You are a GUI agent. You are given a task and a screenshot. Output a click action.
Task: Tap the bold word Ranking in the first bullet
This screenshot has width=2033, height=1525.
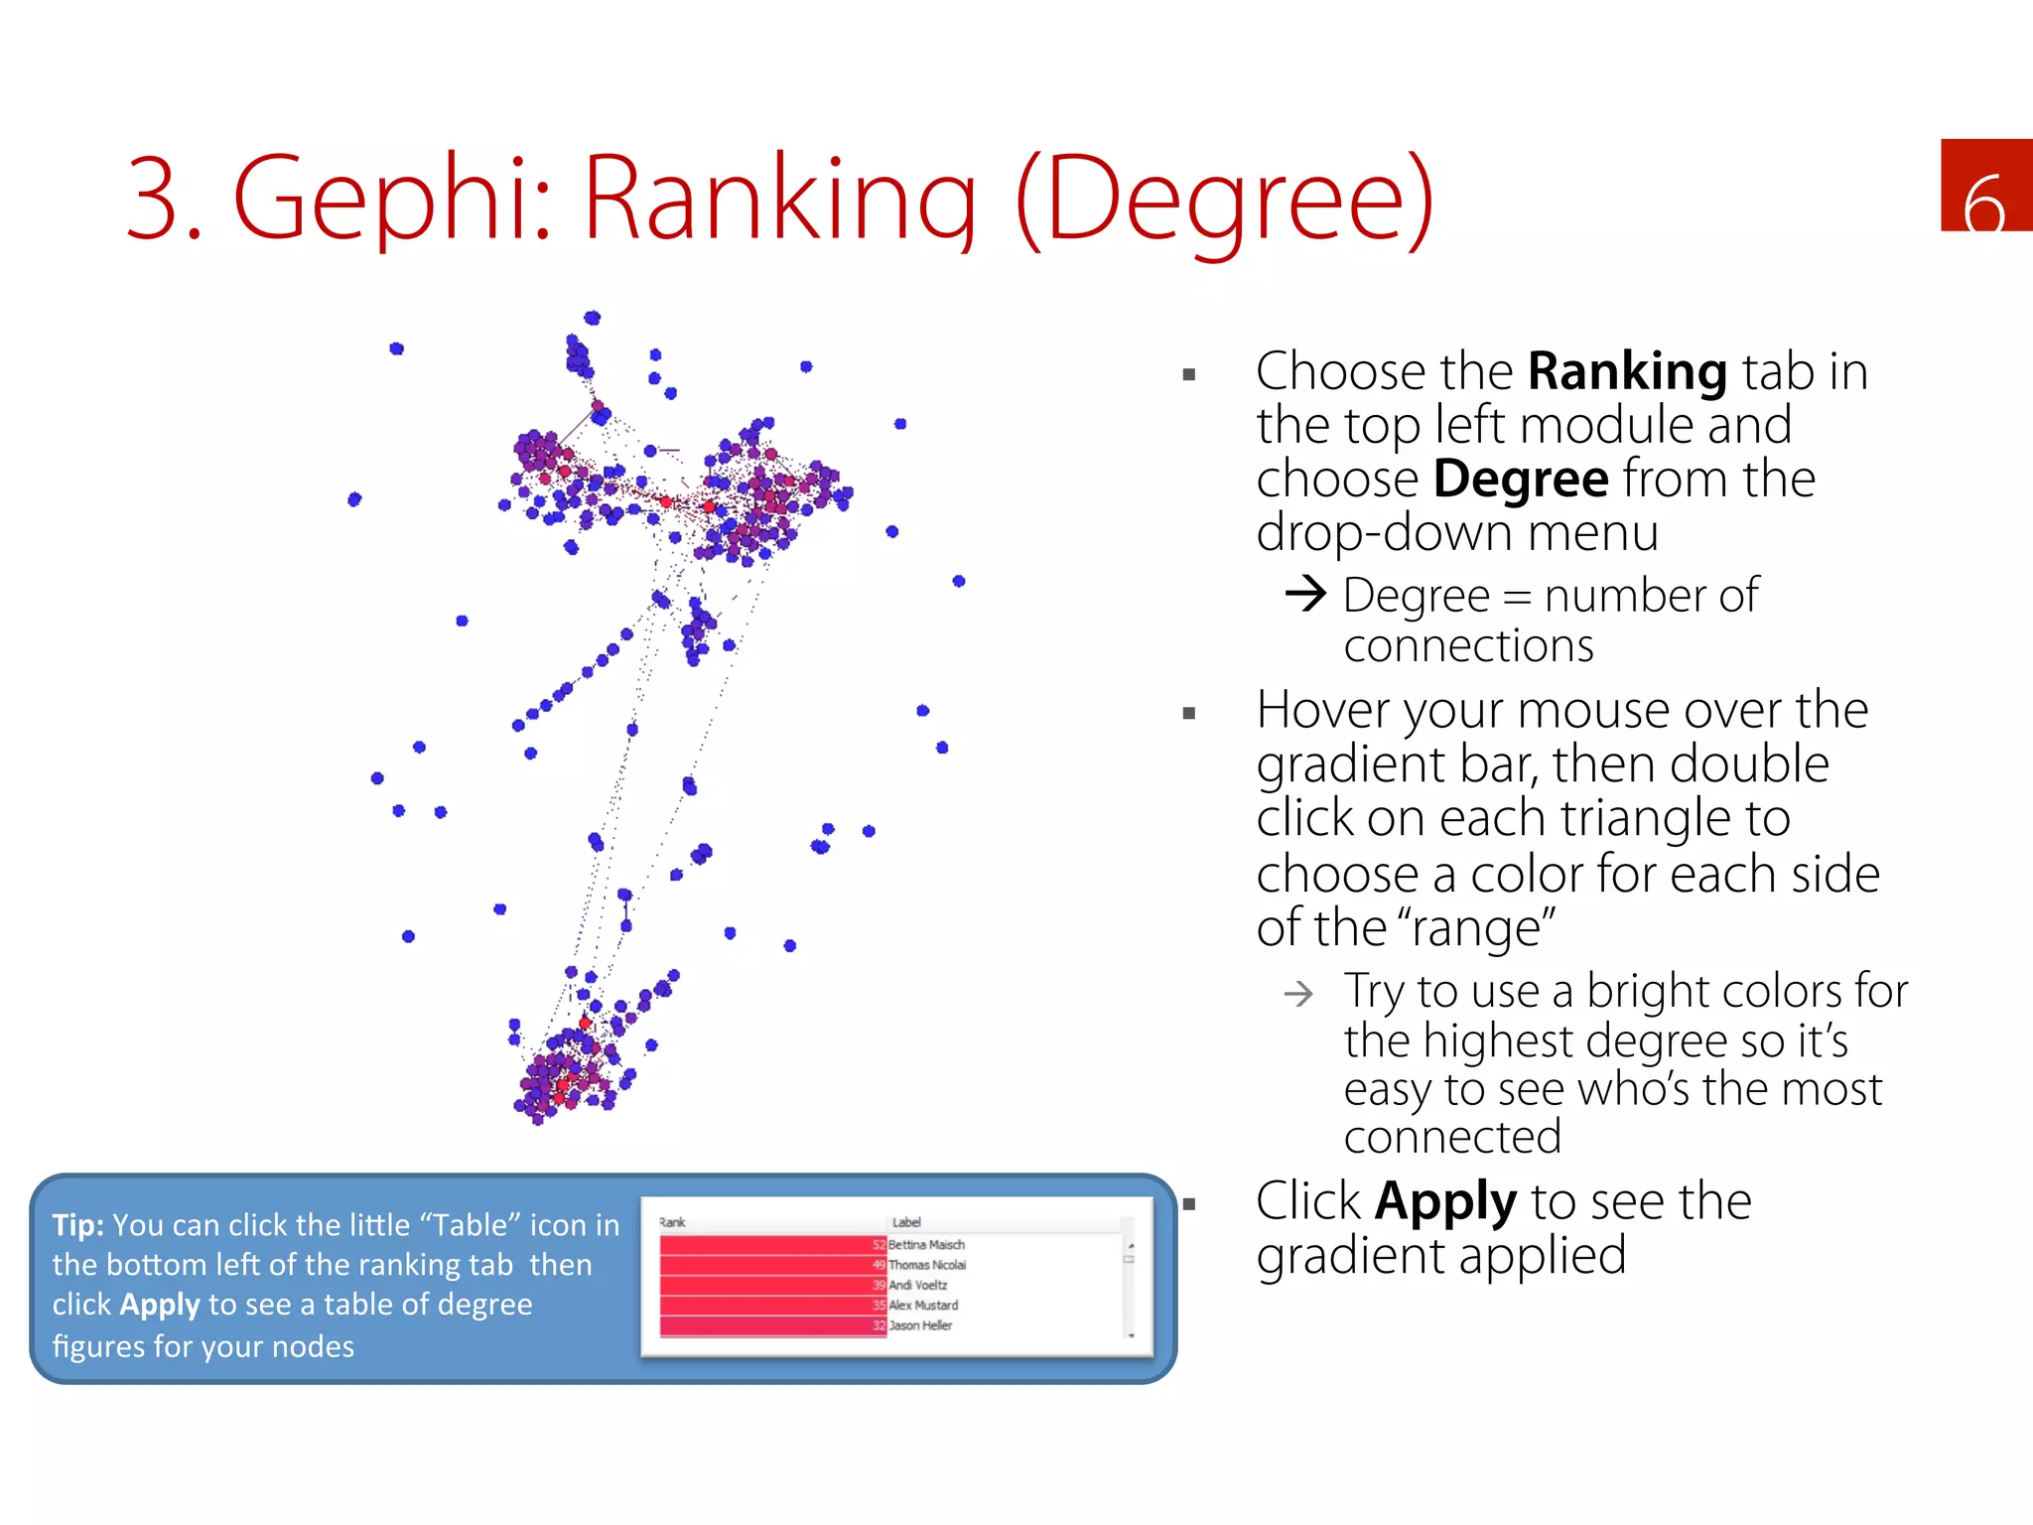click(1627, 371)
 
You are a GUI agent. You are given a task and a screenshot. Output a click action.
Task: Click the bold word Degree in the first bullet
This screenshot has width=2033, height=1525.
click(1521, 479)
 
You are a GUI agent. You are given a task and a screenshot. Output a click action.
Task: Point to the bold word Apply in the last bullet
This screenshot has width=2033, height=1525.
click(1444, 1201)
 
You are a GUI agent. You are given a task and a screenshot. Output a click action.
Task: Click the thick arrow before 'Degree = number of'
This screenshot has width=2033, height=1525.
click(1305, 594)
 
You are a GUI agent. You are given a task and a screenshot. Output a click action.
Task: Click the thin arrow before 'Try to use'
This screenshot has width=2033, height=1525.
click(1298, 993)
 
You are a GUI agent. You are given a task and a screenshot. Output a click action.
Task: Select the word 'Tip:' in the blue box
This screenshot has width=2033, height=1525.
click(77, 1225)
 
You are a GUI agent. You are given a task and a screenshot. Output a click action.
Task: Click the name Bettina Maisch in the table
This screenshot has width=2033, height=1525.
click(926, 1245)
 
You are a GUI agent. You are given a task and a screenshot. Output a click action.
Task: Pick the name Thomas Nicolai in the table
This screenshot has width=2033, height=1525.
click(926, 1265)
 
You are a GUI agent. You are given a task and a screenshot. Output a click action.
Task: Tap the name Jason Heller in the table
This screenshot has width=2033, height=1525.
click(920, 1325)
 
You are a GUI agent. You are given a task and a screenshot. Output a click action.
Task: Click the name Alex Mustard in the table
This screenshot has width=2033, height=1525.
click(923, 1306)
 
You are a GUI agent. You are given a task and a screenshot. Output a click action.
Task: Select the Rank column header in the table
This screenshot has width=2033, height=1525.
click(672, 1222)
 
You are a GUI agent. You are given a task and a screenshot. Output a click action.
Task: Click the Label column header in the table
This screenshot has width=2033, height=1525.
click(905, 1222)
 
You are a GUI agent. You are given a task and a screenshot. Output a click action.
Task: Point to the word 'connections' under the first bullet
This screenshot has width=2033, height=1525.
click(1468, 645)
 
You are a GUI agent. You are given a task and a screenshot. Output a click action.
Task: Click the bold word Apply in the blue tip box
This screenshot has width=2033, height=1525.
click(159, 1305)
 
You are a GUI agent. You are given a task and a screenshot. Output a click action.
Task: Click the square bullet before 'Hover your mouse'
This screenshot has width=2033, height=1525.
click(1189, 713)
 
